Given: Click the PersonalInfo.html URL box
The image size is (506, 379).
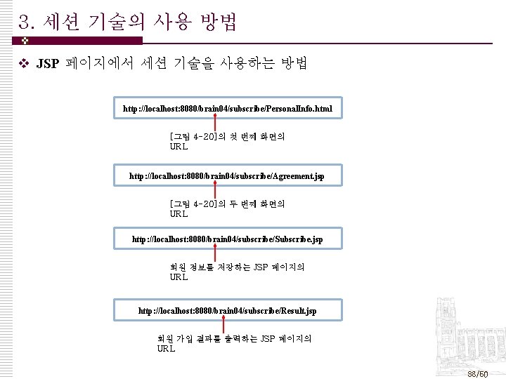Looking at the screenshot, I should (228, 109).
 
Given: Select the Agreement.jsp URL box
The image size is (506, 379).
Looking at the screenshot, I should (228, 175).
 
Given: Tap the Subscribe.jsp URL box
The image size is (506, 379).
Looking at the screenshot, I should (228, 239).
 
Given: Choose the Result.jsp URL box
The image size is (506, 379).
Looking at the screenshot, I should (228, 310).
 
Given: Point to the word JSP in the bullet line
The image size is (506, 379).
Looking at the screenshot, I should (48, 65).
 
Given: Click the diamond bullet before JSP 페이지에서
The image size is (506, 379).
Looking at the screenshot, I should (23, 65).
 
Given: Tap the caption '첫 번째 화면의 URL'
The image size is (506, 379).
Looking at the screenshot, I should (227, 141).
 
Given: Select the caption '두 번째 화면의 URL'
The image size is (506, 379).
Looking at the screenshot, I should (227, 208).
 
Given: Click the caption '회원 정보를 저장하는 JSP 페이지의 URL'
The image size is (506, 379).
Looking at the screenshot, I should (237, 272).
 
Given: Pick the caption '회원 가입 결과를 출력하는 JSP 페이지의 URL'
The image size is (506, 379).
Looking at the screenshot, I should (234, 343).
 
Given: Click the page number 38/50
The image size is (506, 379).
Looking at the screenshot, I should (478, 374).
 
